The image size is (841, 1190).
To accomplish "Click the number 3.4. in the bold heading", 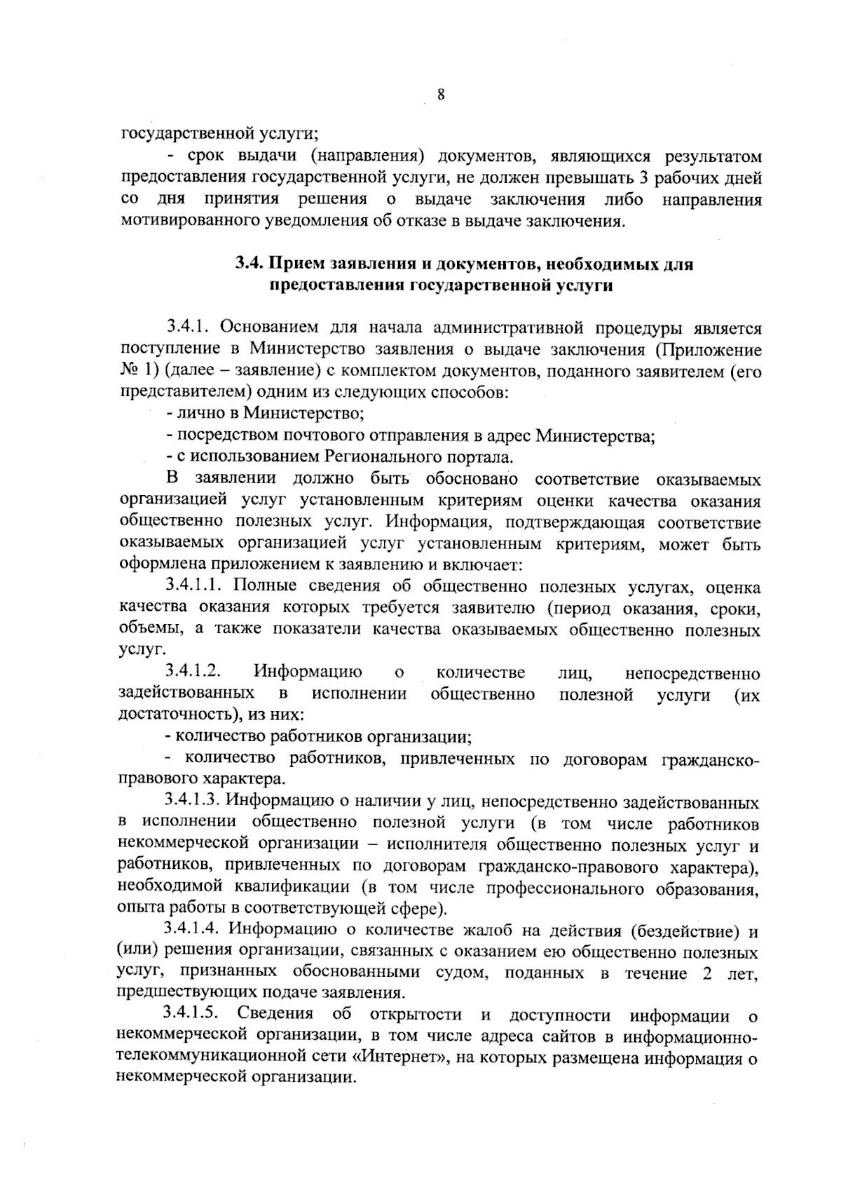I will tap(248, 264).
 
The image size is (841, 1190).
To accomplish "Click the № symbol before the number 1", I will tap(130, 371).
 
